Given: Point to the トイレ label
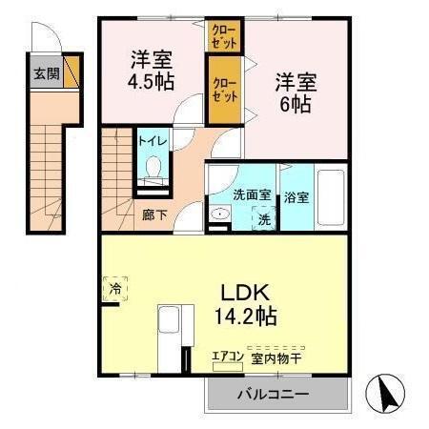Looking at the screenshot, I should pyautogui.click(x=153, y=141).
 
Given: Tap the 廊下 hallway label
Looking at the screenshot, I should pyautogui.click(x=153, y=214).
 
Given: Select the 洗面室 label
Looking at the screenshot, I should pyautogui.click(x=252, y=195).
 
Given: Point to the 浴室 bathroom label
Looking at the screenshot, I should pyautogui.click(x=296, y=197).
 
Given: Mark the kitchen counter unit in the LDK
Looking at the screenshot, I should pyautogui.click(x=172, y=334).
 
